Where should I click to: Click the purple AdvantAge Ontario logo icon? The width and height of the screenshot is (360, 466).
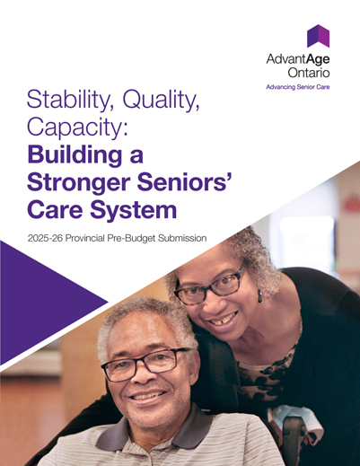318,36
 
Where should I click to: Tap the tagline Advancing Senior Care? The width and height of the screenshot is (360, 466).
295,88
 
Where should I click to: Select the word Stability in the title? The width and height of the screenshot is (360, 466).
65,101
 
